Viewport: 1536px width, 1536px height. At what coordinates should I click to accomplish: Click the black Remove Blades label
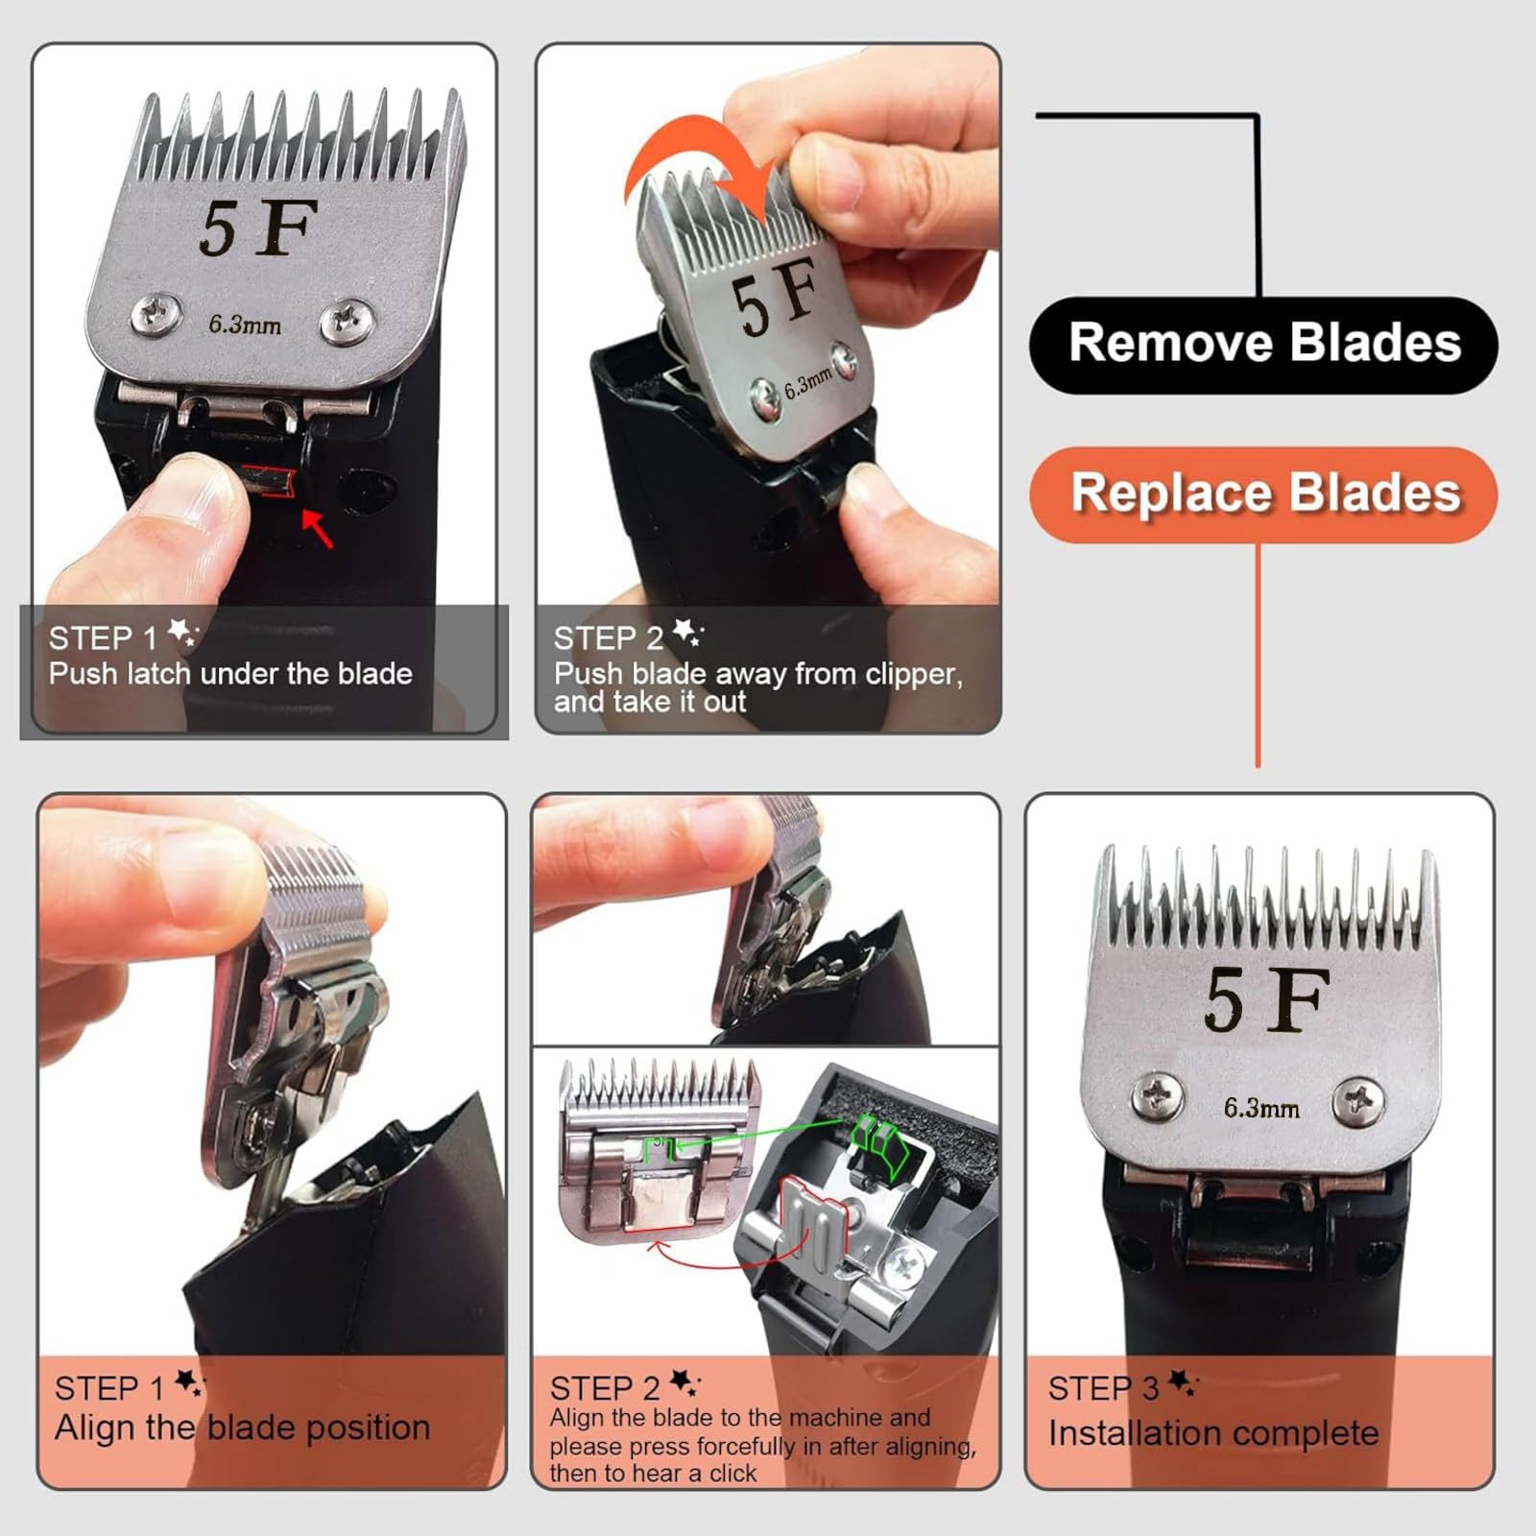click(1263, 345)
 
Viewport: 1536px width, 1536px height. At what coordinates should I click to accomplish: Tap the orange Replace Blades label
click(1263, 494)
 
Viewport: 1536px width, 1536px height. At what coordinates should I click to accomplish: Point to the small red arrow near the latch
click(319, 529)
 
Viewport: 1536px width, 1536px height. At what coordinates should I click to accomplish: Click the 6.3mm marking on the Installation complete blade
click(1261, 1109)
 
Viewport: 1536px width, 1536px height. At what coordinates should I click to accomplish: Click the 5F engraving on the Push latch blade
click(258, 228)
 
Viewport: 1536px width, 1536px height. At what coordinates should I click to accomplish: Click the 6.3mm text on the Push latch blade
click(245, 324)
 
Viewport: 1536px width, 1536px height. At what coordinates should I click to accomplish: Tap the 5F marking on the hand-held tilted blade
click(775, 295)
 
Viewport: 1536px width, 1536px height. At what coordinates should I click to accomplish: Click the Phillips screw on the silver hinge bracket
click(906, 1268)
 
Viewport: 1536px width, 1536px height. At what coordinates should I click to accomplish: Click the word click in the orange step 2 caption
click(733, 1473)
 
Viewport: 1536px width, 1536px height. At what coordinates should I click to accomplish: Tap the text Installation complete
click(1213, 1433)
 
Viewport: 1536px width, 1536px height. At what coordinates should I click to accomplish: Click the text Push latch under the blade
click(230, 674)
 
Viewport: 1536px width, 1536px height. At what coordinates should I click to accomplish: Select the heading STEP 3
click(1104, 1388)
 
